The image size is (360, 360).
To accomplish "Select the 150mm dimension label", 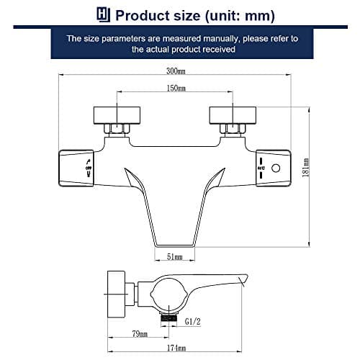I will click(177, 89).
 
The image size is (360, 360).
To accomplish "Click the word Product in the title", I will click(141, 14).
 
